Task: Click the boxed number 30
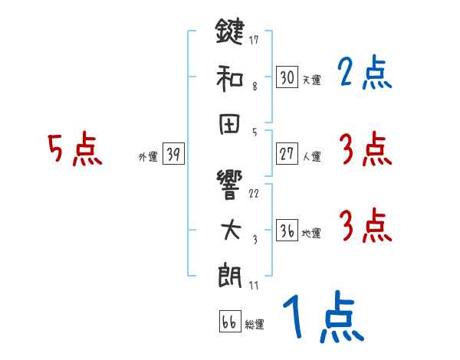pos(287,77)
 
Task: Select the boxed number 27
pos(287,154)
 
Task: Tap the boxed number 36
pos(287,231)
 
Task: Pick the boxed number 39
pos(173,155)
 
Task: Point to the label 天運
pos(311,80)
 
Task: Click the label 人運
pos(311,156)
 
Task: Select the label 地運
pos(311,233)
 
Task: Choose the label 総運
pos(255,324)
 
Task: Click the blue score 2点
pos(363,74)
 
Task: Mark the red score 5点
pos(74,150)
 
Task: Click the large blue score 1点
pos(322,318)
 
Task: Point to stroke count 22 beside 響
pos(254,192)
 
